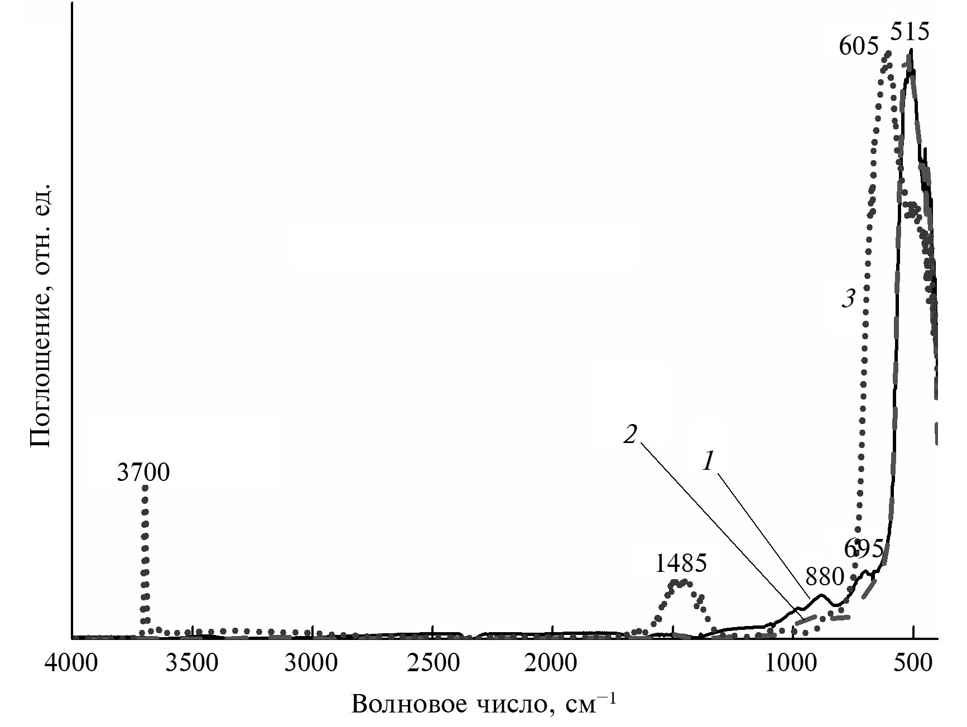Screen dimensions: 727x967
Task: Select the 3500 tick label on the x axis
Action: pyautogui.click(x=193, y=663)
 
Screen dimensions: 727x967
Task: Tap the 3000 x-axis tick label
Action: pyautogui.click(x=312, y=663)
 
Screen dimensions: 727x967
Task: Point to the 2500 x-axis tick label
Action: pyautogui.click(x=433, y=663)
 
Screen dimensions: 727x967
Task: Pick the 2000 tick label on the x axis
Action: pyautogui.click(x=552, y=663)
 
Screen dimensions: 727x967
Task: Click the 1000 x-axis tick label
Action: pyautogui.click(x=792, y=663)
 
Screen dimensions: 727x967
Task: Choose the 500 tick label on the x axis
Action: pyautogui.click(x=913, y=663)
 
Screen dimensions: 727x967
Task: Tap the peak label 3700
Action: pyautogui.click(x=143, y=473)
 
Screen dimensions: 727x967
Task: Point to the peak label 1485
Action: pyautogui.click(x=680, y=564)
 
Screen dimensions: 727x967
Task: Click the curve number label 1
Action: pyautogui.click(x=708, y=461)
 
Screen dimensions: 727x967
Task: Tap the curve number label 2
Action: pyautogui.click(x=630, y=435)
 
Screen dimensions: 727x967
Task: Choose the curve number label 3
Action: pyautogui.click(x=848, y=300)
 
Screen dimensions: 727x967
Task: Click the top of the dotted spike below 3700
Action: pyautogui.click(x=145, y=487)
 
